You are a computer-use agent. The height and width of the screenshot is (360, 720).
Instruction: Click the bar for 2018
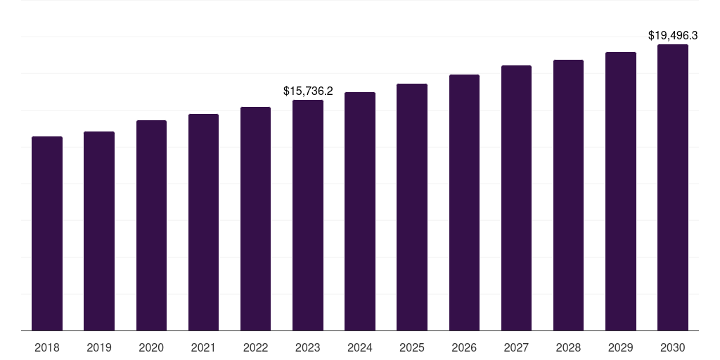pos(47,233)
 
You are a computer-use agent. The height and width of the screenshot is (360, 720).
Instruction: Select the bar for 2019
pos(99,231)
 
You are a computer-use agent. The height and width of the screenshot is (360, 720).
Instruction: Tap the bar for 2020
pos(151,225)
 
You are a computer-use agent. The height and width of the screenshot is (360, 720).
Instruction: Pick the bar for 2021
pos(203,222)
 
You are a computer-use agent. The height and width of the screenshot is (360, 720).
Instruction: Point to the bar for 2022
pos(255,219)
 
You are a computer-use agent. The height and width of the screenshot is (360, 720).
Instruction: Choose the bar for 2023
pos(308,215)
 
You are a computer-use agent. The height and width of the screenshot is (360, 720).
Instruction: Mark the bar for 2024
pos(360,211)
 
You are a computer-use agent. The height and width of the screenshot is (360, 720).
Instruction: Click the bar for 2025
pos(412,207)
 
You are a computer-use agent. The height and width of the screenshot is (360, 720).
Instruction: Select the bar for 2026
pos(464,202)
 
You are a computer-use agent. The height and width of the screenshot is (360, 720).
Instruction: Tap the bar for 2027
pos(516,198)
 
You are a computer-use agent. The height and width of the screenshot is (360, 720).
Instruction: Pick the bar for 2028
pos(568,195)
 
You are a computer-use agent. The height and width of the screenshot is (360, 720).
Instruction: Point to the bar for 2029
pos(621,191)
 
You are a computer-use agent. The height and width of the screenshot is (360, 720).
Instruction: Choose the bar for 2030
pos(673,187)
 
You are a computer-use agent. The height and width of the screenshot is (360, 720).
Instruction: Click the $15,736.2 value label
pos(308,91)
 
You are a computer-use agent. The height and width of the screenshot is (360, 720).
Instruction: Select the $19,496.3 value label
pos(673,35)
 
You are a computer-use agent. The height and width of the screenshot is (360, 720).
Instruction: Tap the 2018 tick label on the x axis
pos(47,347)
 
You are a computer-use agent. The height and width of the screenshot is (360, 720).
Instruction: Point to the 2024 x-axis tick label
pos(360,347)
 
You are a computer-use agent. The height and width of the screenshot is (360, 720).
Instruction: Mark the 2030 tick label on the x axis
pos(673,347)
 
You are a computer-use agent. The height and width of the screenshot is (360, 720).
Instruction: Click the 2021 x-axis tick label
pos(203,347)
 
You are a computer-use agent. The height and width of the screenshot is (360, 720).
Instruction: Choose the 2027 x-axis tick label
pos(516,347)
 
